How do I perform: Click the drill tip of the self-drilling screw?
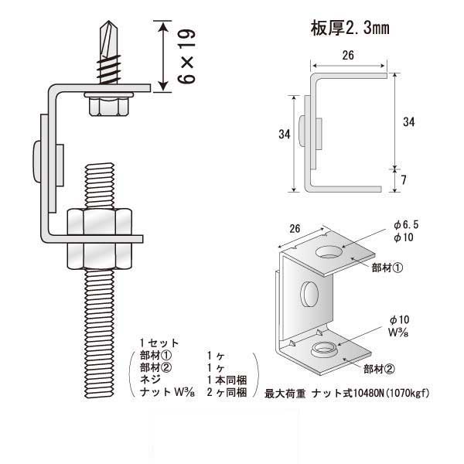point(109,22)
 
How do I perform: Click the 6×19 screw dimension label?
point(186,56)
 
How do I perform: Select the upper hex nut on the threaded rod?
point(100,222)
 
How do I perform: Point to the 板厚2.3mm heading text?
point(350,29)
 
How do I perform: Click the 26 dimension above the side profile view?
point(348,55)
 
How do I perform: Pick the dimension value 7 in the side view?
point(404,179)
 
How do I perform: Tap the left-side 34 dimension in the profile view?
point(285,134)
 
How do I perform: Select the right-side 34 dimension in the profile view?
point(408,122)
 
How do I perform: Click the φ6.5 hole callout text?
point(406,225)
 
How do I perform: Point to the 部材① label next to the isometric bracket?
point(387,268)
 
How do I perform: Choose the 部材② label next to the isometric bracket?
point(379,369)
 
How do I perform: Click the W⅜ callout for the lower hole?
point(398,333)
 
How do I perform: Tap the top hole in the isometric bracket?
point(329,252)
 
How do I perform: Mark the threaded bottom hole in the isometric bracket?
point(323,349)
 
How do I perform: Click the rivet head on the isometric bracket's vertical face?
point(309,294)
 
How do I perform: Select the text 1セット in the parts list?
point(159,343)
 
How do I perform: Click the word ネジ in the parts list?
point(150,380)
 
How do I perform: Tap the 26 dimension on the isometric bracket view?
point(295,229)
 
